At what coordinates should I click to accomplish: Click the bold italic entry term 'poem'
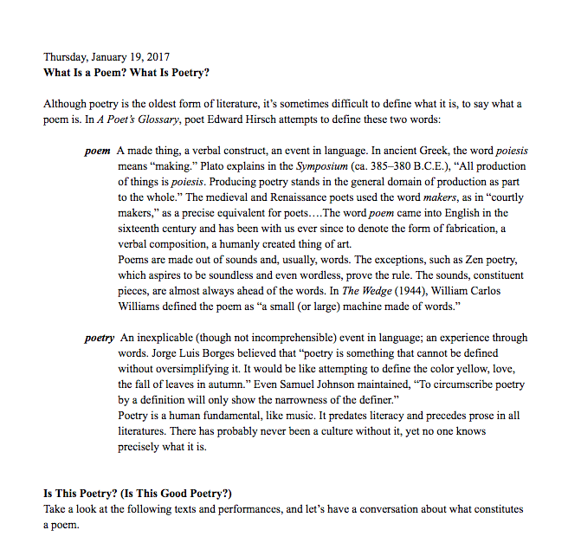pos(97,151)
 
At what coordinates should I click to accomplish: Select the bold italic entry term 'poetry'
pos(99,338)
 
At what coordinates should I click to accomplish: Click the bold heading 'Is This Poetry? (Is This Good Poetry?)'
pos(138,494)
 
